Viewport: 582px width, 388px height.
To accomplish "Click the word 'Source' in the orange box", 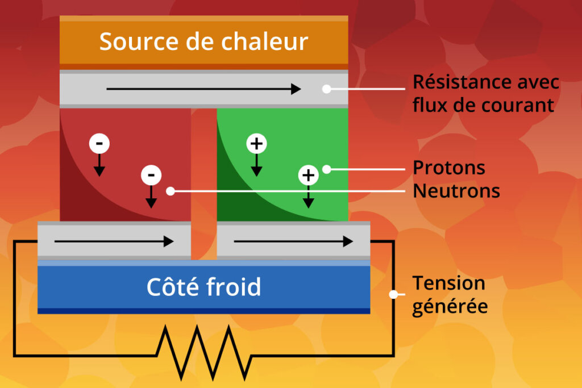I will (x=131, y=42).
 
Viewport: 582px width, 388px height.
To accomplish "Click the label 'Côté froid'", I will (x=203, y=287).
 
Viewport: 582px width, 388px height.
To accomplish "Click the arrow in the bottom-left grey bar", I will (x=114, y=241).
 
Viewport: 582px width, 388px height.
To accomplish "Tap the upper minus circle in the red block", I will (x=99, y=144).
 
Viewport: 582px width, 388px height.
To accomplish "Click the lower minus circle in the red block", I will (x=151, y=174).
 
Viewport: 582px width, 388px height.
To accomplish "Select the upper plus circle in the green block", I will (x=256, y=144).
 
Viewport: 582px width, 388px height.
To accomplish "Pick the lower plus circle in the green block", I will (x=308, y=175).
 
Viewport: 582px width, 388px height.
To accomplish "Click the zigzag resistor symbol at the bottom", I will (x=203, y=351).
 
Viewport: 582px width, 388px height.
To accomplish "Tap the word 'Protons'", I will (x=449, y=168).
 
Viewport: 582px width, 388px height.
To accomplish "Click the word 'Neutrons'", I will (x=456, y=191).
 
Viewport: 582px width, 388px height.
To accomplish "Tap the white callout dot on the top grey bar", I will (x=326, y=89).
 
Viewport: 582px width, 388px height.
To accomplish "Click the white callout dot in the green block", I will (x=326, y=169).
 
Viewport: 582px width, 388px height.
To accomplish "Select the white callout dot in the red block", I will (x=170, y=191).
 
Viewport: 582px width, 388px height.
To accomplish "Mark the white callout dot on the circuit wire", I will (x=393, y=294).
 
